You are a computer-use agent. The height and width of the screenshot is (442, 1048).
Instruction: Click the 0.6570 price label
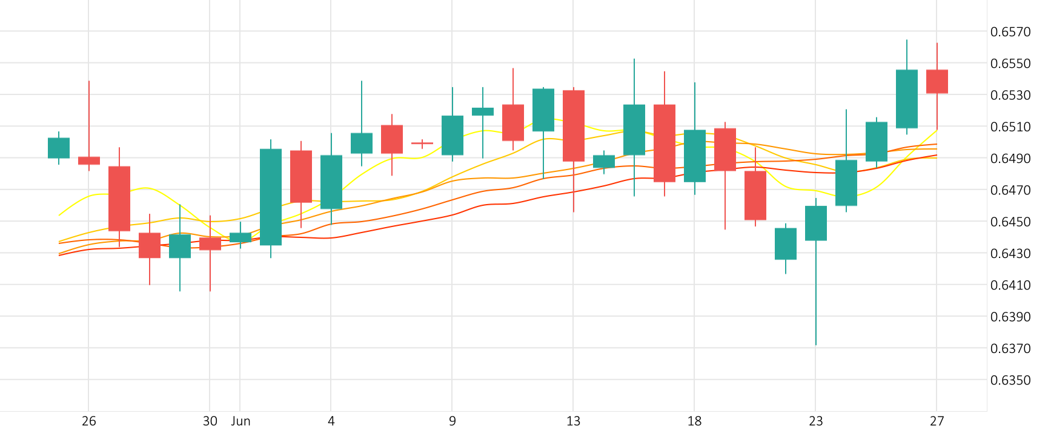[1010, 32]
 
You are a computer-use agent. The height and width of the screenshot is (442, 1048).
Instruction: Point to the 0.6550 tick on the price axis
[1010, 64]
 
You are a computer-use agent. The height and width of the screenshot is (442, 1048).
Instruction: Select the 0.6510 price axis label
[1010, 127]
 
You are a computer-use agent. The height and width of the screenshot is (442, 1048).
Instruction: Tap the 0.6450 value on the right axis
[1010, 222]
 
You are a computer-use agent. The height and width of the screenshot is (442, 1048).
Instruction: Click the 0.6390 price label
[1010, 317]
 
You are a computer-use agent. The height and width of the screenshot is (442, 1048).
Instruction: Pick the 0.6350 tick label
[1010, 380]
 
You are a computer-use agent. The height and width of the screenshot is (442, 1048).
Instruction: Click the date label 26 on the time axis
[89, 421]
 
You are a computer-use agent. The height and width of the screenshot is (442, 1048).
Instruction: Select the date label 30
[210, 421]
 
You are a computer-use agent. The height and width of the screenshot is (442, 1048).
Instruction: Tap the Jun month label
[240, 421]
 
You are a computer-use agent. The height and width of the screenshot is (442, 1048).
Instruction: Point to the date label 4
[331, 421]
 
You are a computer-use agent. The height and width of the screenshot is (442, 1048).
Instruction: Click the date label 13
[574, 421]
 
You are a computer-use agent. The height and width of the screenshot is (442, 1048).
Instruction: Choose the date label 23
[816, 421]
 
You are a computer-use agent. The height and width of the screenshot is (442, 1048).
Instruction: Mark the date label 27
[937, 421]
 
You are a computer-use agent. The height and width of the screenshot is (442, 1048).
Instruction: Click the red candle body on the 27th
[937, 82]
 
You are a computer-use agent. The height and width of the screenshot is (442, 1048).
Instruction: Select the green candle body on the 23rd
[816, 223]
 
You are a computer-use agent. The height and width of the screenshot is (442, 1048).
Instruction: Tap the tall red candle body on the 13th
[574, 126]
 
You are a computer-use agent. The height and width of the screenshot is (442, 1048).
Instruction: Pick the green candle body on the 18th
[695, 156]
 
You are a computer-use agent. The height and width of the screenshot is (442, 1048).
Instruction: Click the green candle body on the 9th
[453, 136]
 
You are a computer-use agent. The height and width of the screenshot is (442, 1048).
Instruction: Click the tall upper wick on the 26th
[89, 118]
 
